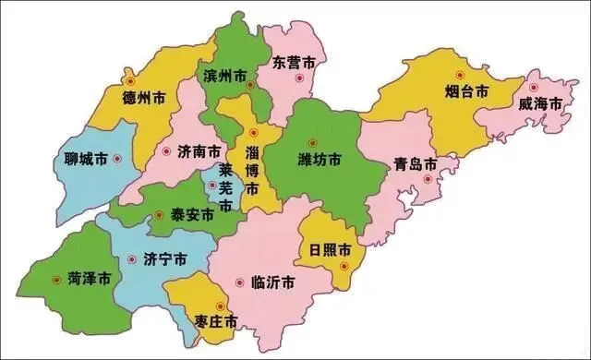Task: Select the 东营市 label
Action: point(295,63)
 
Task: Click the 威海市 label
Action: point(540,103)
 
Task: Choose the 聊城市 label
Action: point(82,159)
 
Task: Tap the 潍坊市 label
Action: point(319,160)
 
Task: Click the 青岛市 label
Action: point(415,164)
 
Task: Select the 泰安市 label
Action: point(193,215)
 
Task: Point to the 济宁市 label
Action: point(163,259)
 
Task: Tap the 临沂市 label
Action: point(272,282)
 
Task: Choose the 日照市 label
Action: point(330,250)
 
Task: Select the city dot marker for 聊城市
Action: point(117,159)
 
